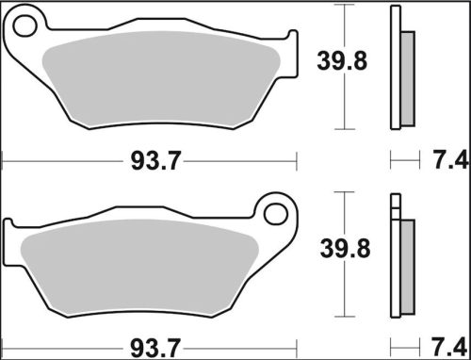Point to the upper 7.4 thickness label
451,161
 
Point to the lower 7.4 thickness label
451,347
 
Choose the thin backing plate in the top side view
396,66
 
